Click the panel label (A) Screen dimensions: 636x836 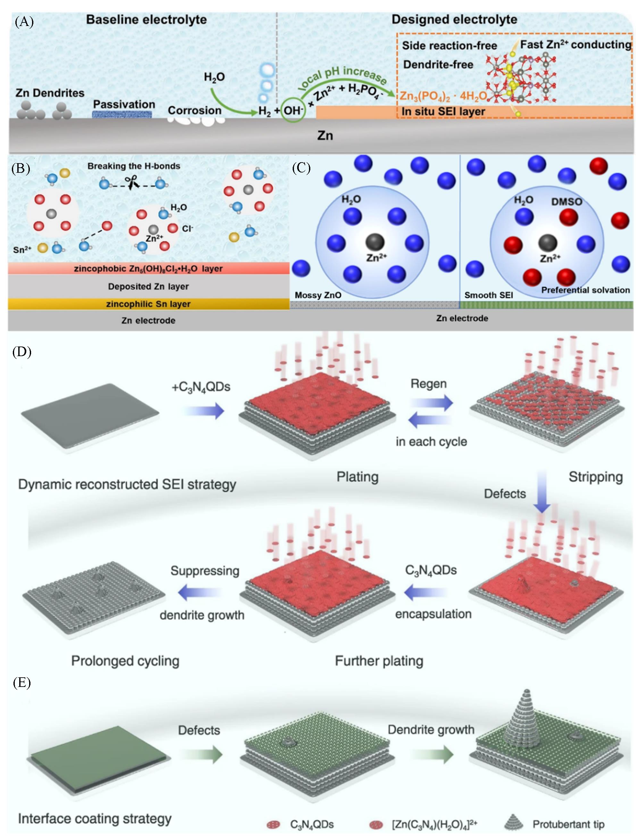24,21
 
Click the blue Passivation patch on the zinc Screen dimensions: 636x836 122,114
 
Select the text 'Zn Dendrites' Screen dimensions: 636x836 50,93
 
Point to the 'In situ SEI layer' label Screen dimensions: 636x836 443,112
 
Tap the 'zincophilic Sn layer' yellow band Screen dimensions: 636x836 148,304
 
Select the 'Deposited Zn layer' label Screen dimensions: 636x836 148,287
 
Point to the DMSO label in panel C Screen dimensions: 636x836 566,202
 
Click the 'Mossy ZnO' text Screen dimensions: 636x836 318,295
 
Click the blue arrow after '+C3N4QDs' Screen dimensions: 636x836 205,411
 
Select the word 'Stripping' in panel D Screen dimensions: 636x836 596,477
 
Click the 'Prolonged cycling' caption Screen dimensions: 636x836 125,661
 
